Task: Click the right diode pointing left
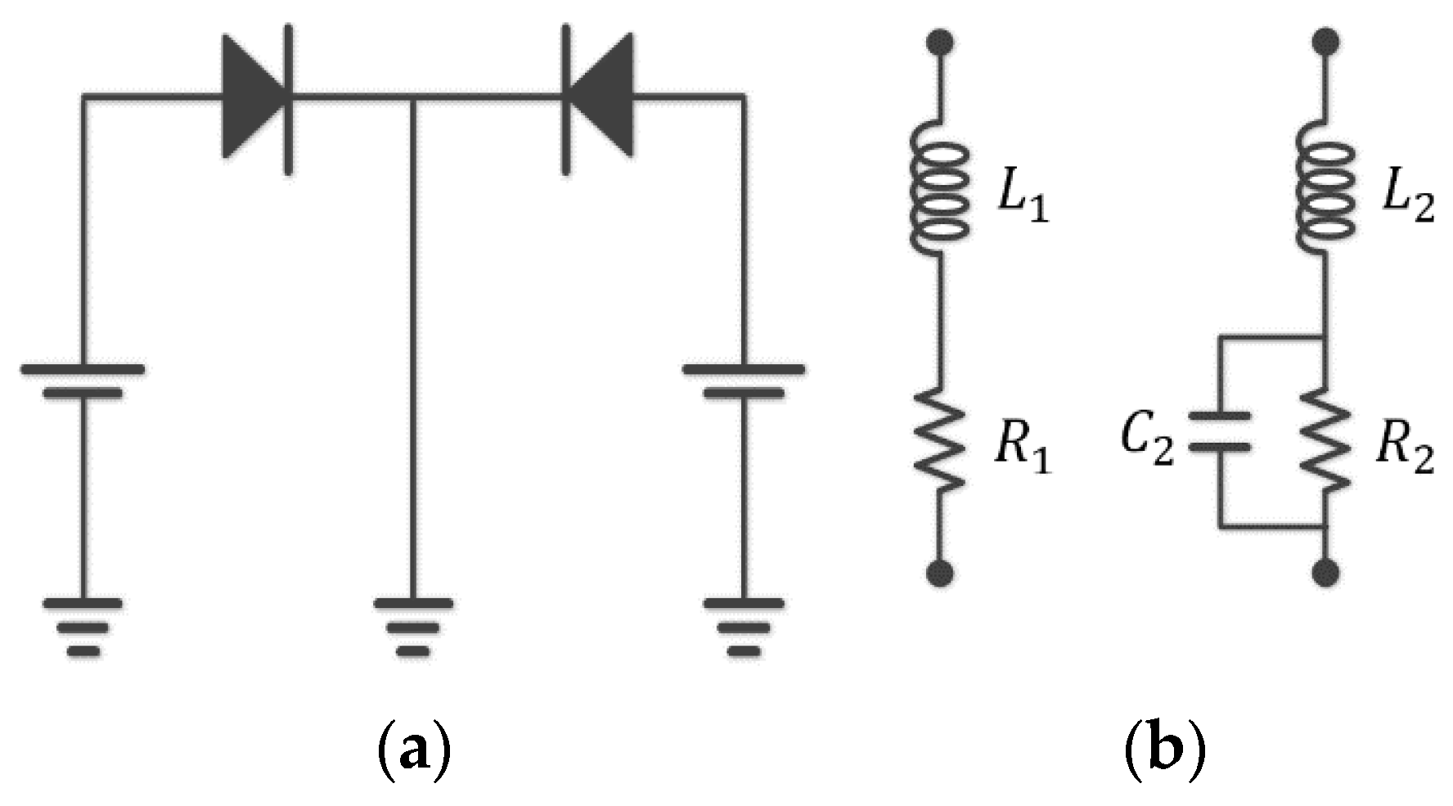(x=596, y=99)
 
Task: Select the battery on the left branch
(x=83, y=381)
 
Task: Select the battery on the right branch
(x=744, y=381)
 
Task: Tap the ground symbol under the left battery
(x=83, y=627)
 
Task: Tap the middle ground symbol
(x=413, y=627)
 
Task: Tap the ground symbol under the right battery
(x=744, y=627)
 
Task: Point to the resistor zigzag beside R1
(x=941, y=442)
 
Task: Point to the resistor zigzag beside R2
(x=1325, y=442)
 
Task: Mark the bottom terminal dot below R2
(x=1325, y=572)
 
